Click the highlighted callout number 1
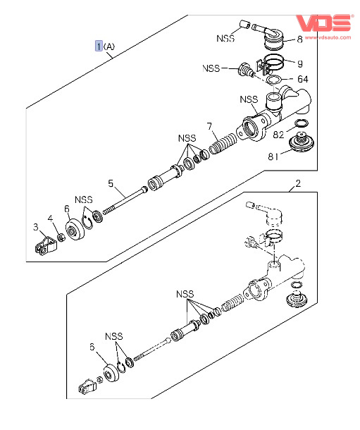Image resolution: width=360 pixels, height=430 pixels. pyautogui.click(x=99, y=46)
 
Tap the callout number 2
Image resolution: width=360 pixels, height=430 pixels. pyautogui.click(x=298, y=183)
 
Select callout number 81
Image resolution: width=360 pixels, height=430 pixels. pyautogui.click(x=273, y=156)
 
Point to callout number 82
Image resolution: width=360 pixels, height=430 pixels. pyautogui.click(x=278, y=135)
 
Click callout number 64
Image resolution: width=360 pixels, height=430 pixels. pyautogui.click(x=303, y=79)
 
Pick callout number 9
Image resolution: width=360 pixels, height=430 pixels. pyautogui.click(x=300, y=64)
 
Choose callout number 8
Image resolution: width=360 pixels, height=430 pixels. pyautogui.click(x=299, y=39)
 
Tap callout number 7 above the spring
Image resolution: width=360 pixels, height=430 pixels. pyautogui.click(x=210, y=126)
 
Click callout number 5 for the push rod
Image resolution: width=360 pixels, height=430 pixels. pyautogui.click(x=111, y=183)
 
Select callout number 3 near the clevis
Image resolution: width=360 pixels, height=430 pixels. pyautogui.click(x=36, y=227)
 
